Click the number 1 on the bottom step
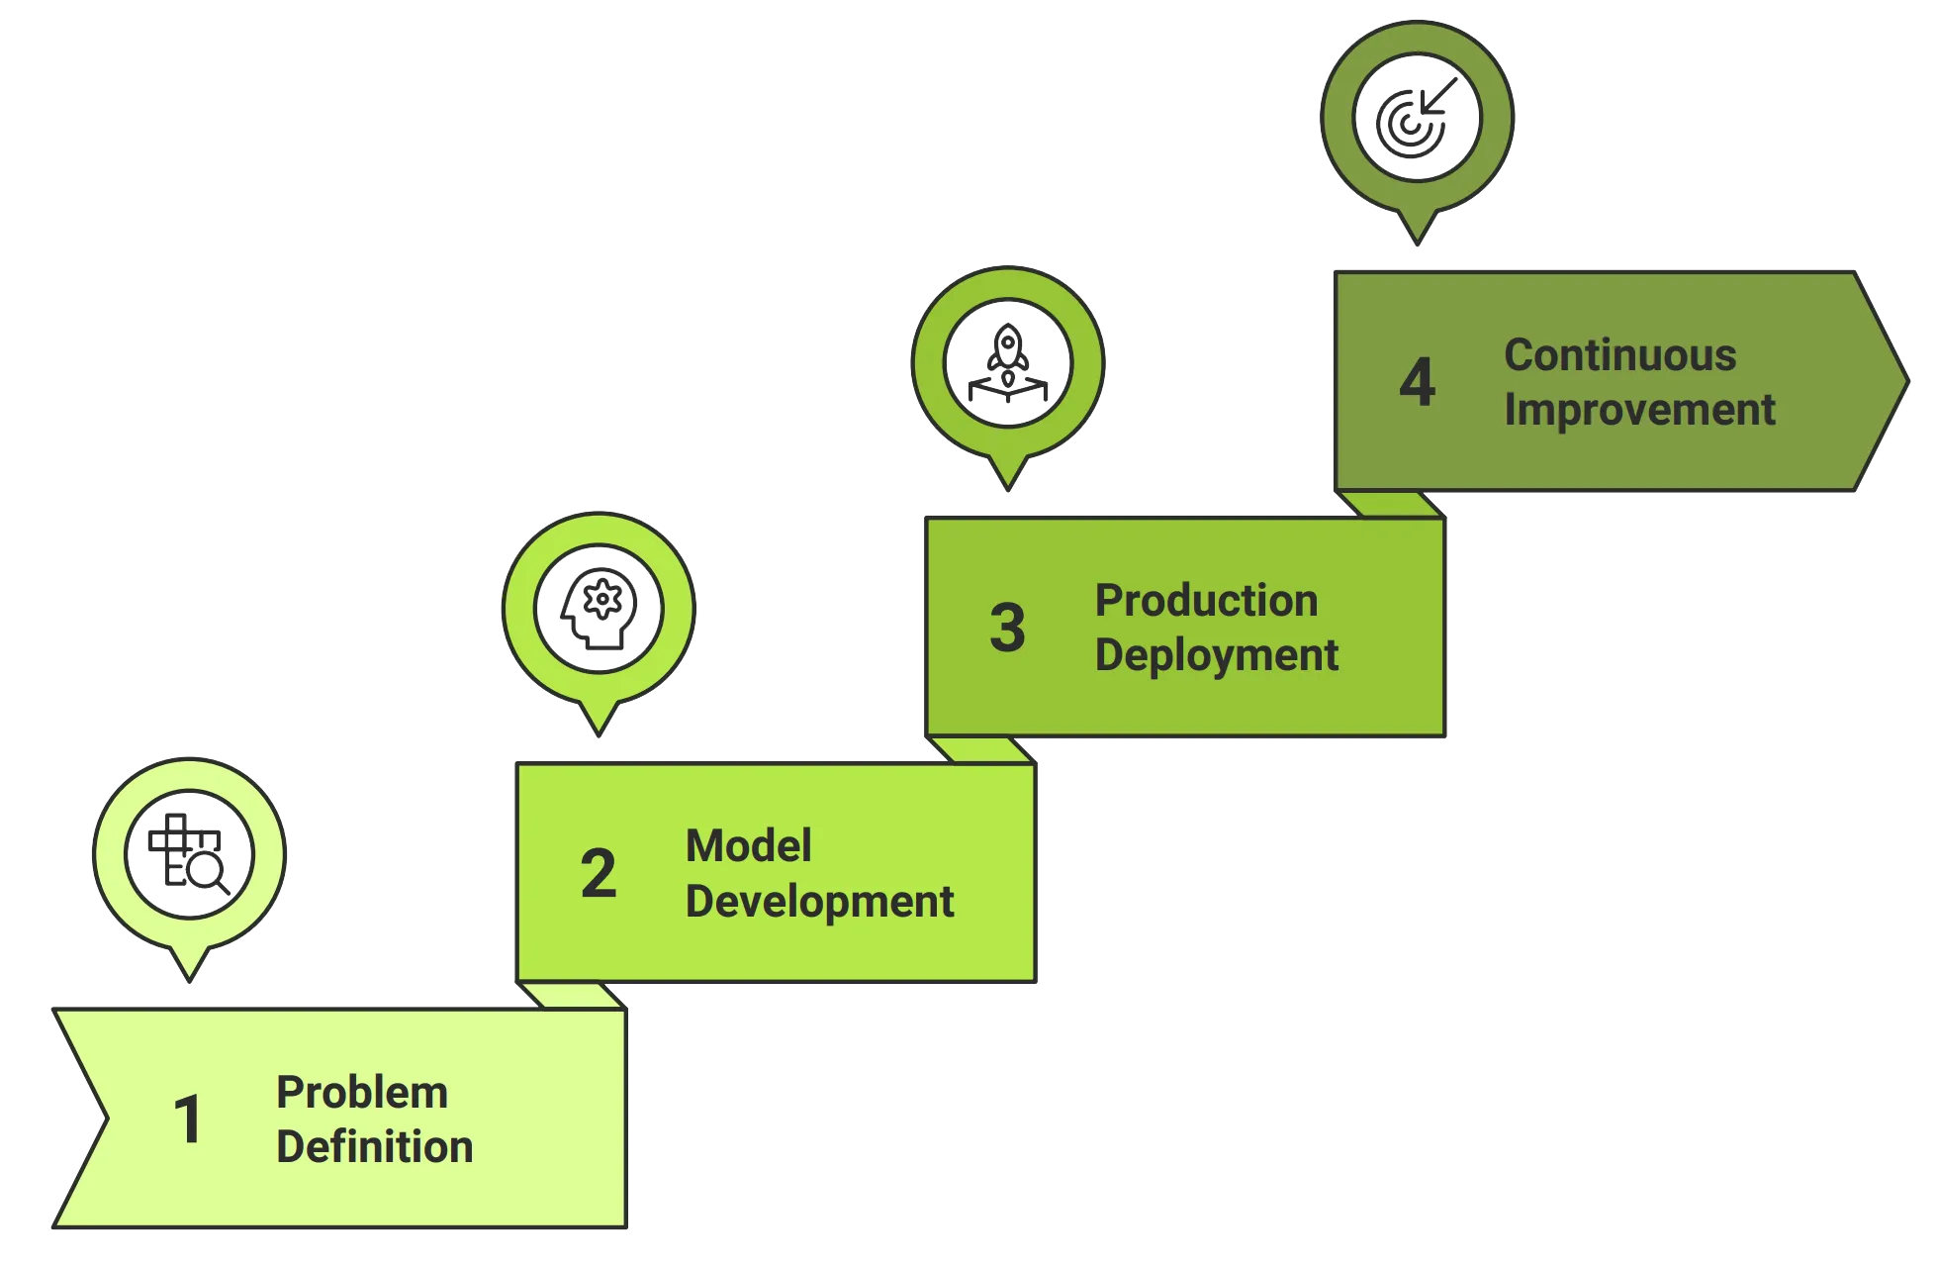[x=187, y=1120]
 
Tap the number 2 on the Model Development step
[x=599, y=873]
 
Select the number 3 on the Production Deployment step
[x=1008, y=628]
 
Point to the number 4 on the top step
[x=1417, y=381]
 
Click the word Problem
[x=362, y=1093]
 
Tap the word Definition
[x=374, y=1146]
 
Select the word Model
[x=748, y=846]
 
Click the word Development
[x=819, y=901]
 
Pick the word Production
[x=1206, y=601]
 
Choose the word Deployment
[x=1216, y=655]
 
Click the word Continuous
[x=1619, y=355]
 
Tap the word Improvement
[x=1639, y=410]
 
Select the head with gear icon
[x=599, y=608]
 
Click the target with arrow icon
[x=1417, y=117]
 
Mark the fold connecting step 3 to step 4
[x=1393, y=504]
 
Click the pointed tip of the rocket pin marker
[x=1008, y=485]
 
